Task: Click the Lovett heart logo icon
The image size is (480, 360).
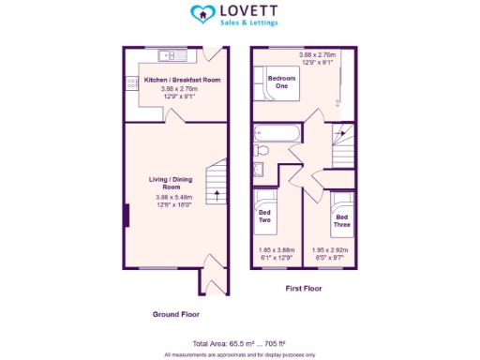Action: coord(201,14)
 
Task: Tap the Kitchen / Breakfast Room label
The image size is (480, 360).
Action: coord(182,81)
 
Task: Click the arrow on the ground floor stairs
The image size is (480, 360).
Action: coord(217,196)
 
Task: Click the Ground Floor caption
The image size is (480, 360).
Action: coord(175,314)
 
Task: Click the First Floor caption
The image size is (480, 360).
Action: coord(303,289)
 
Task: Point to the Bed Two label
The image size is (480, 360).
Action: coord(265,216)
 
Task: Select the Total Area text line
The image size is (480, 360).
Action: coord(239,344)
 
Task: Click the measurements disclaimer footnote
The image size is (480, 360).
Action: coord(239,354)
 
